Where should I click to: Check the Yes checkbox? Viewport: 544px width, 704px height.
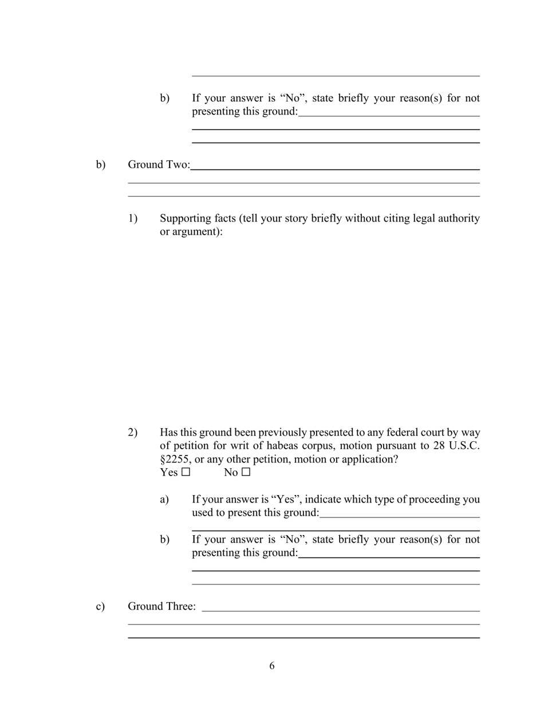click(x=186, y=472)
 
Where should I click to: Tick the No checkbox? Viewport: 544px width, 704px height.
click(x=246, y=472)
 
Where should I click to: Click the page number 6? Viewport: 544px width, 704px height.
click(x=272, y=666)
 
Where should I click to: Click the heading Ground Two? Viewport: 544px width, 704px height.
click(x=159, y=165)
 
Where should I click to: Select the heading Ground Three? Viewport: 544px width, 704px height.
click(x=161, y=606)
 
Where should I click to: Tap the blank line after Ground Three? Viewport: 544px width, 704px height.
click(x=341, y=610)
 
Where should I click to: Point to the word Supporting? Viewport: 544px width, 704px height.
click(x=188, y=219)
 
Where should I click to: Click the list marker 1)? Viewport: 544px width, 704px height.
click(x=133, y=219)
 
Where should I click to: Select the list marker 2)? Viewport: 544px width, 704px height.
click(x=133, y=432)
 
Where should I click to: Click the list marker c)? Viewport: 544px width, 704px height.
click(x=100, y=606)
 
